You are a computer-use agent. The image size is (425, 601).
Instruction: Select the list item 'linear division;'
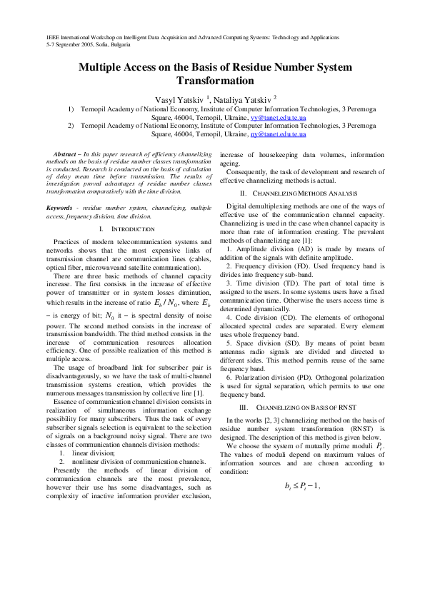pyautogui.click(x=89, y=452)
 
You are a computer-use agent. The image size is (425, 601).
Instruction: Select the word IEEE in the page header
pyautogui.click(x=53, y=36)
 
